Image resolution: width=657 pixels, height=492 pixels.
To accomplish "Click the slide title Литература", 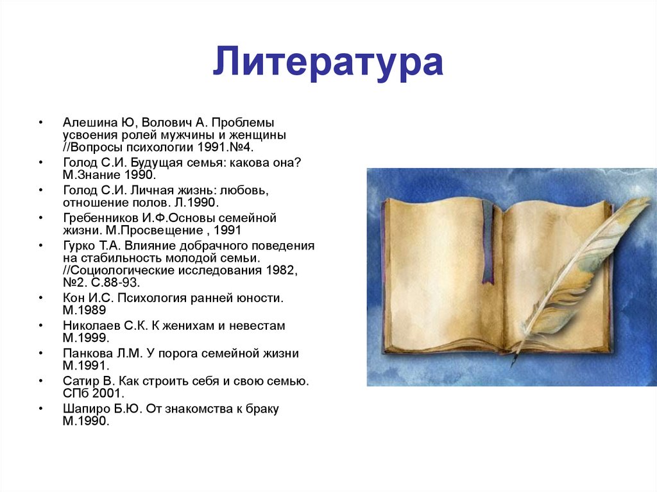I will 328,62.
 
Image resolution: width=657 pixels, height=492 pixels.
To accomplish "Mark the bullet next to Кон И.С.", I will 41,298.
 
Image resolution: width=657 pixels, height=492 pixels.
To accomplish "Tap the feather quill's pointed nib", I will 512,364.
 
